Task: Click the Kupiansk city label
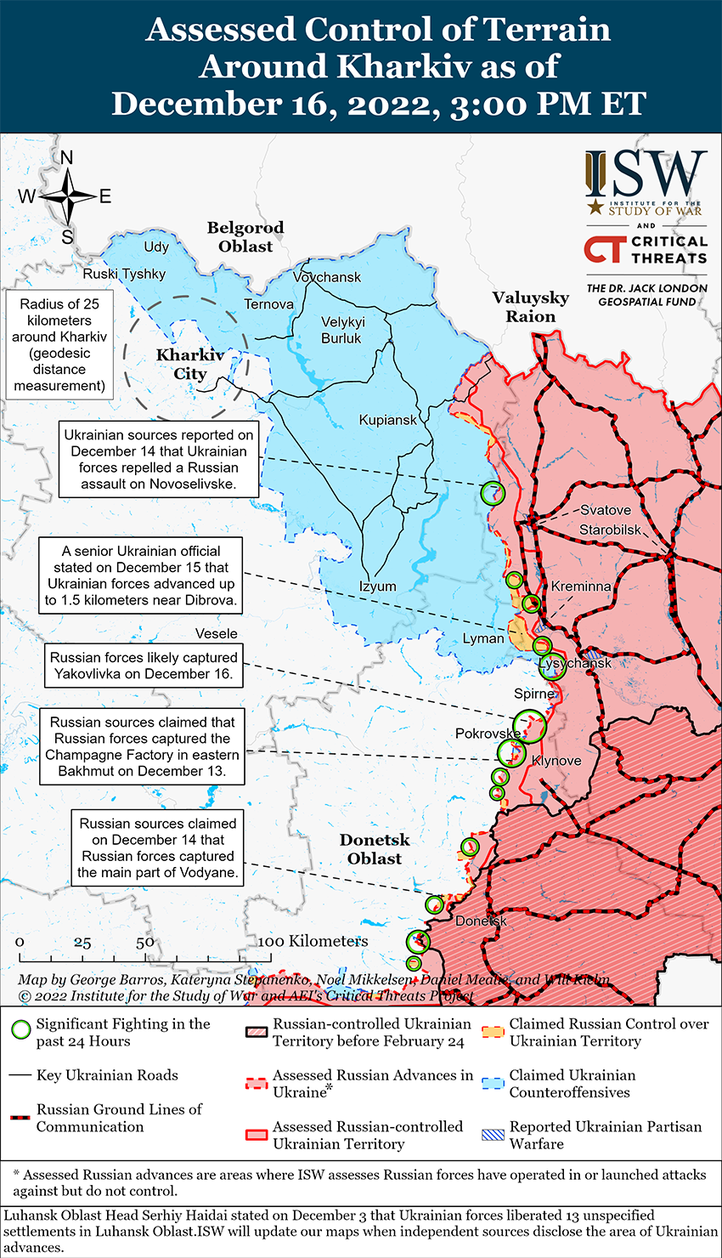(388, 420)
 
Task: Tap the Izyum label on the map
(377, 586)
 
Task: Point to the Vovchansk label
(327, 277)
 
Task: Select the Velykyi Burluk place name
(342, 330)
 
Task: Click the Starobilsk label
(611, 530)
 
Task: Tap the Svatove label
(606, 510)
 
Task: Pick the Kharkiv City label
(190, 364)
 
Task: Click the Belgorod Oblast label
(245, 237)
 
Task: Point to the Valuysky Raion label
(531, 307)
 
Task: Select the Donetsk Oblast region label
(375, 849)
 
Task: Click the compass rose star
(67, 196)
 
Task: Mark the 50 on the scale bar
(145, 942)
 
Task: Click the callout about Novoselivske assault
(158, 459)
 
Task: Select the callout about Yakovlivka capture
(144, 666)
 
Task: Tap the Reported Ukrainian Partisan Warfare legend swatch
(494, 1135)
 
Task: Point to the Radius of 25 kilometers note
(59, 344)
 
